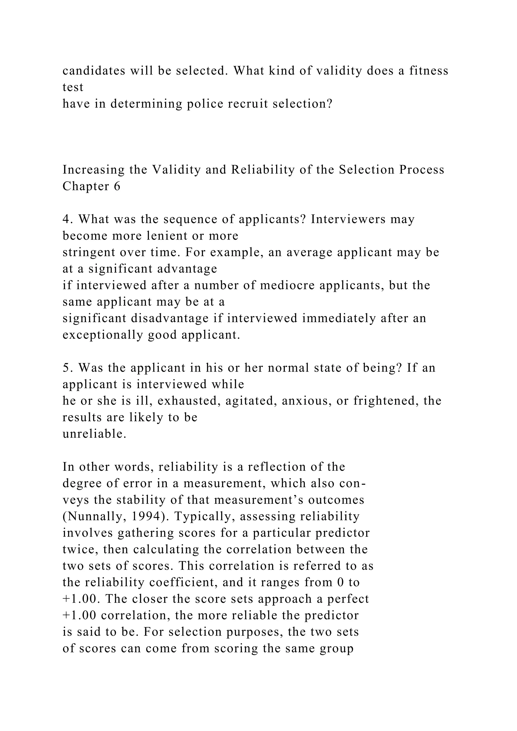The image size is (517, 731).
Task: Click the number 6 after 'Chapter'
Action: [x=117, y=186]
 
